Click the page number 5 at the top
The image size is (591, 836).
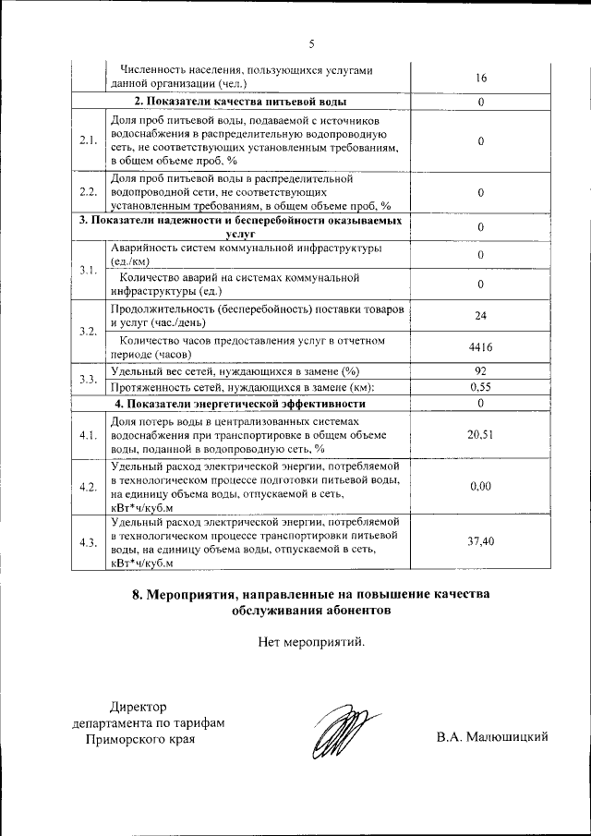pyautogui.click(x=312, y=43)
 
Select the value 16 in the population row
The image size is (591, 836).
pyautogui.click(x=481, y=79)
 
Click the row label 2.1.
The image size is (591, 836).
pyautogui.click(x=89, y=140)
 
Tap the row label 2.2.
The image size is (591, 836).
pyautogui.click(x=89, y=192)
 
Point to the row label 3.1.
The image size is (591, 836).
pyautogui.click(x=89, y=269)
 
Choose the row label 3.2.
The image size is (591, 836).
pyautogui.click(x=89, y=331)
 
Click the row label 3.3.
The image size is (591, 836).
pyautogui.click(x=89, y=380)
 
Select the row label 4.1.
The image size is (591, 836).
pyautogui.click(x=89, y=434)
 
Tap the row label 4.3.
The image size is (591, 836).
pyautogui.click(x=89, y=541)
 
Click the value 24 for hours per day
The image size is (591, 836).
pyautogui.click(x=481, y=316)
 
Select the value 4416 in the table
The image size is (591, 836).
pyautogui.click(x=481, y=347)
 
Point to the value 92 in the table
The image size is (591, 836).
pyautogui.click(x=481, y=371)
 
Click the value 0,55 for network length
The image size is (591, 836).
pyautogui.click(x=481, y=387)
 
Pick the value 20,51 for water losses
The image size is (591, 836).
pyautogui.click(x=481, y=434)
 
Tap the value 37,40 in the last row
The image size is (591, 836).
pyautogui.click(x=481, y=541)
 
